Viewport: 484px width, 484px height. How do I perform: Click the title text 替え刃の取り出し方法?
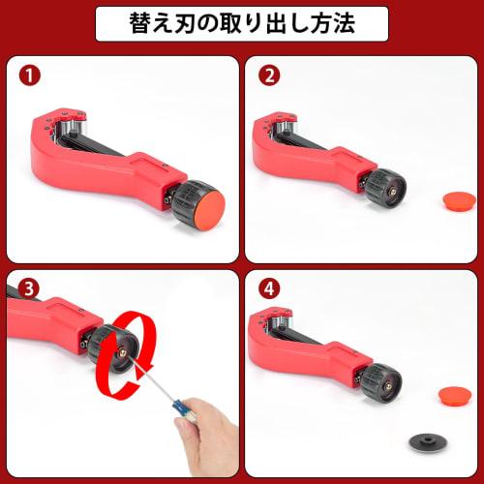click(242, 23)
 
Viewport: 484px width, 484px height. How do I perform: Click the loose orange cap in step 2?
click(456, 201)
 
